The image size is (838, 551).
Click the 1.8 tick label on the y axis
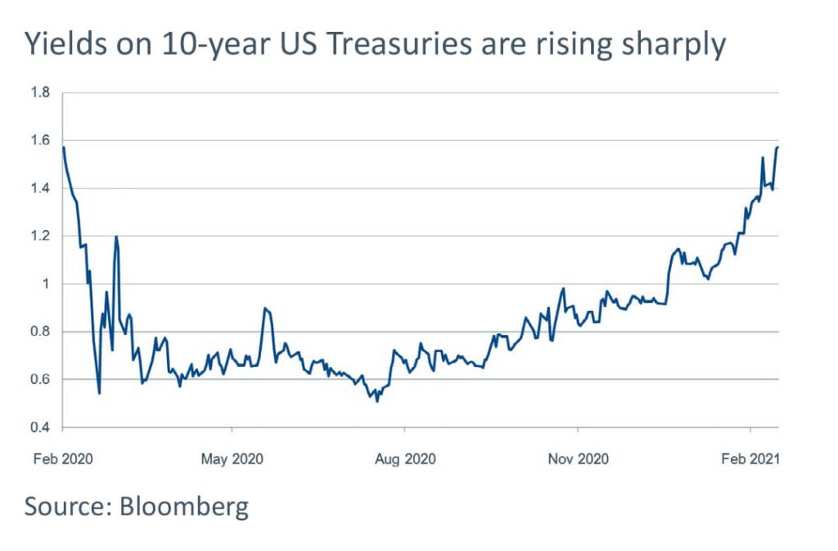[40, 93]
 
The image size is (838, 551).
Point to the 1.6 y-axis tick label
[40, 141]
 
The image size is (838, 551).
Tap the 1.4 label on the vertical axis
[40, 188]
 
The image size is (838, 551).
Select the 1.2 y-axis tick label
[40, 236]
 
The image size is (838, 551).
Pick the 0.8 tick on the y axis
[40, 332]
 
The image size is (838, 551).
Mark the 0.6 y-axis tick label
[40, 380]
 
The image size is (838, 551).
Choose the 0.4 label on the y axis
[40, 427]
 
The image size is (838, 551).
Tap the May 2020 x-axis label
[232, 459]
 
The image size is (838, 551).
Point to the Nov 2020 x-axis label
[578, 459]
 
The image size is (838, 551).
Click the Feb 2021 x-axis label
[750, 459]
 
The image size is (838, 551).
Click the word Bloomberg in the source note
[183, 507]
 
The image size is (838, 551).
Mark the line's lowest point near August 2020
[376, 401]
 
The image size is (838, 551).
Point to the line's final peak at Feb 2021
[777, 147]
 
